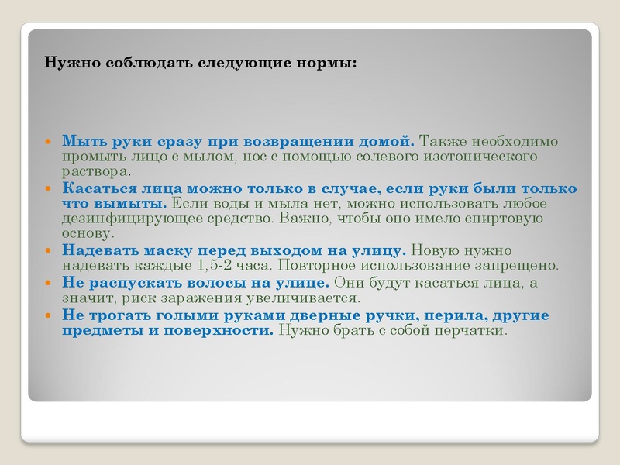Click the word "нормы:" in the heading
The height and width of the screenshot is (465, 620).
(x=332, y=62)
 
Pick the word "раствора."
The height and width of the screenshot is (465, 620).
(x=96, y=170)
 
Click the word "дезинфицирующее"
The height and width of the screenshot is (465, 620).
(x=123, y=219)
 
